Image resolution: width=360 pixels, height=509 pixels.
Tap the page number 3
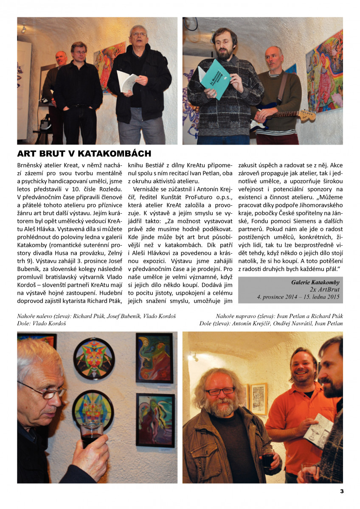point(341,491)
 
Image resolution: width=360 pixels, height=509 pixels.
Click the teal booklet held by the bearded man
point(215,78)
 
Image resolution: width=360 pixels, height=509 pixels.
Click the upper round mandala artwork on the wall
point(93,358)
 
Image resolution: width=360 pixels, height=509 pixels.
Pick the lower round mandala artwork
point(93,410)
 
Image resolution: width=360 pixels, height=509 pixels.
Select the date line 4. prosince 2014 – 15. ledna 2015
point(298,297)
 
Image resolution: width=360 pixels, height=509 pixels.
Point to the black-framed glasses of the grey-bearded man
point(219,391)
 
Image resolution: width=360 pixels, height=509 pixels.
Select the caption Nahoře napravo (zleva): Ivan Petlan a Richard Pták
point(279,316)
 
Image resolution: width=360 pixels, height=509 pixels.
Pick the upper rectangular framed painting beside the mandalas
point(154,358)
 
